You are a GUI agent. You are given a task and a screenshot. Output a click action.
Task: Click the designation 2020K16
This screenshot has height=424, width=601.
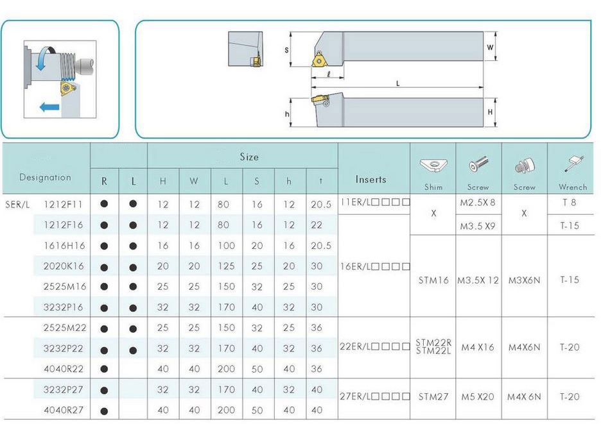click(x=63, y=266)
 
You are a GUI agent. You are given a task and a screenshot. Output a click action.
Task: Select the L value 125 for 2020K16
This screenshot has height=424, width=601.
click(x=226, y=266)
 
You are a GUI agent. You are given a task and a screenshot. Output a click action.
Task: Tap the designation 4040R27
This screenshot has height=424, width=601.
click(x=63, y=410)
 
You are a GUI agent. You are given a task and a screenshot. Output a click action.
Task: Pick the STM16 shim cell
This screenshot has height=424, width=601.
click(x=433, y=280)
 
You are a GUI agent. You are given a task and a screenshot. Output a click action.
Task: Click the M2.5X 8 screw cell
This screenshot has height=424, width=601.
click(x=478, y=202)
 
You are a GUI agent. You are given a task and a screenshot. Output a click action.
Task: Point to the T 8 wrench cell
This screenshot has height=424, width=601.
click(x=569, y=202)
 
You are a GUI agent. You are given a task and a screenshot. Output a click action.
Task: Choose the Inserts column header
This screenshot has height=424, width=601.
click(x=370, y=179)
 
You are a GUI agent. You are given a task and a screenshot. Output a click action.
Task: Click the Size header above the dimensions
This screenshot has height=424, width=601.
click(x=249, y=157)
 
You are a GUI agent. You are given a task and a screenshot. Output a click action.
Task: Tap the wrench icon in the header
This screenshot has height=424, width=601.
click(x=574, y=164)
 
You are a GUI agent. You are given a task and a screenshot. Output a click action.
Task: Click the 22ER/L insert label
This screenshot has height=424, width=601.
click(x=374, y=346)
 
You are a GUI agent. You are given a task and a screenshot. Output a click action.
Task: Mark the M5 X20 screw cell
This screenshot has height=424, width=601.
click(x=478, y=397)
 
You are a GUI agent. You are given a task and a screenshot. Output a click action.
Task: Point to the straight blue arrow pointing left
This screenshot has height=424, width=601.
click(x=49, y=107)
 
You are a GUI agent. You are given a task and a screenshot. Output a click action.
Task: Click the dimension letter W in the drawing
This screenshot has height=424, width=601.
click(x=490, y=47)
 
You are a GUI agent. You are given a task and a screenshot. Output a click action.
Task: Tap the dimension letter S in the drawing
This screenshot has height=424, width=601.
click(x=286, y=50)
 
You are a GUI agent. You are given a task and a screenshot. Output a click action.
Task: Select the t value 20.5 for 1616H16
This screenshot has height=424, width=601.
click(x=321, y=246)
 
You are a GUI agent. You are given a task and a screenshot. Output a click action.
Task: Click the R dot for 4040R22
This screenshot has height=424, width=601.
click(x=104, y=369)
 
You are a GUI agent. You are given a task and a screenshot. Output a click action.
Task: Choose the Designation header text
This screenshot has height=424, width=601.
click(x=45, y=177)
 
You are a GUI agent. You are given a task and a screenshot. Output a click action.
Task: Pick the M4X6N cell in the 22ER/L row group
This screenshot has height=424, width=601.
click(x=524, y=348)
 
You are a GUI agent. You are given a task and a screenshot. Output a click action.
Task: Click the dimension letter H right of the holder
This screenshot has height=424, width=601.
click(x=490, y=112)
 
